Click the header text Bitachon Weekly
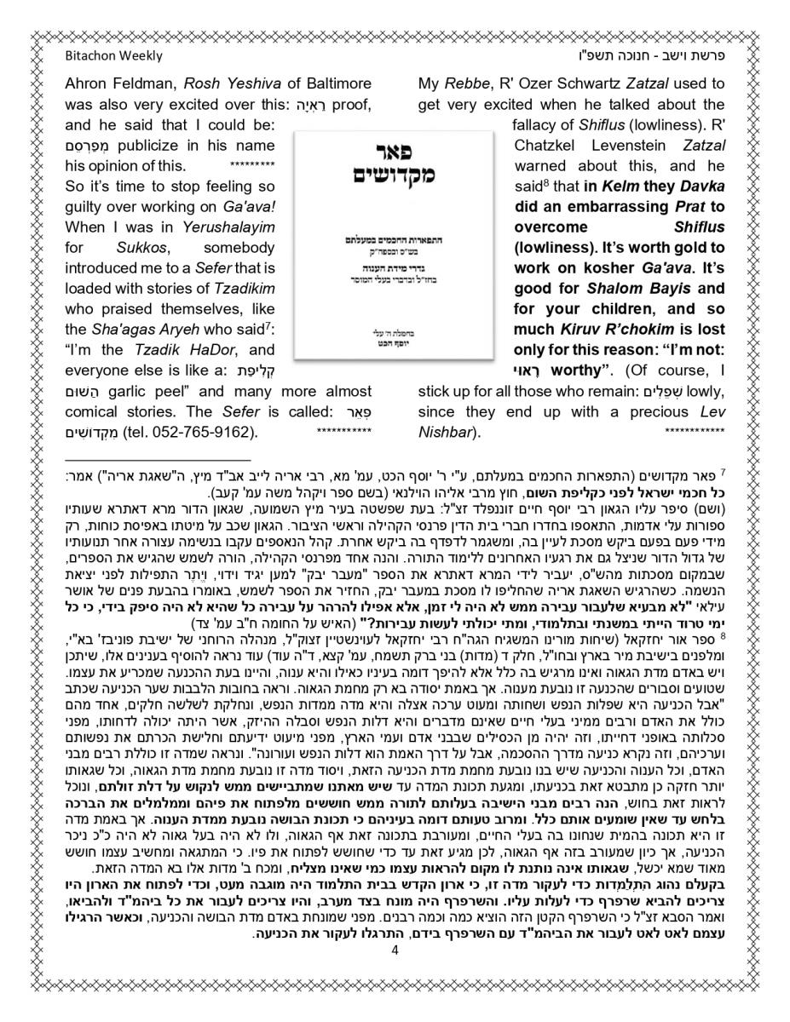tap(112, 56)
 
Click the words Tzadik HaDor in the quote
tap(182, 350)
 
